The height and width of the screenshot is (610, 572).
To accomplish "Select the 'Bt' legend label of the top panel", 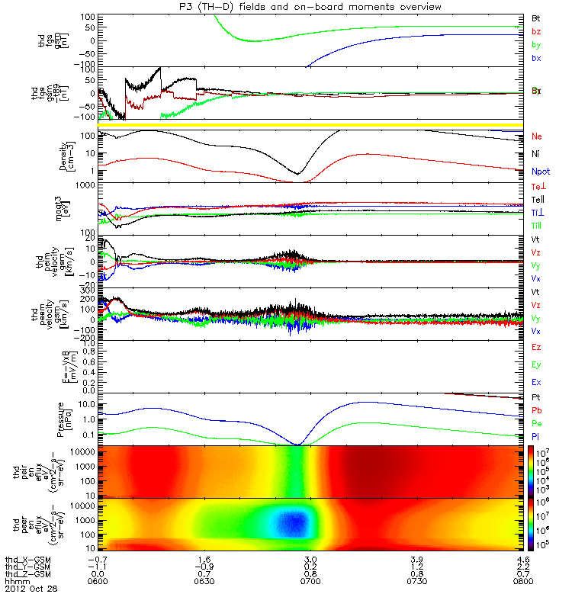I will tap(536, 16).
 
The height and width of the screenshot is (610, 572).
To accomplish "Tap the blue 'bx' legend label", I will tap(536, 58).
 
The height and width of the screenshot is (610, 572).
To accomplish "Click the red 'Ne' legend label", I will tap(537, 136).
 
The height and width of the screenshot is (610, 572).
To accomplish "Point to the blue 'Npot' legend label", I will tap(540, 172).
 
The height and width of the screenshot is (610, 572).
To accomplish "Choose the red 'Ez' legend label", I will tap(536, 348).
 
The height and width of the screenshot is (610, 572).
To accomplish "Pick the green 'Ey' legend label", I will tap(536, 364).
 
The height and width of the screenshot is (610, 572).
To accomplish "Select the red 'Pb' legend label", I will tap(537, 411).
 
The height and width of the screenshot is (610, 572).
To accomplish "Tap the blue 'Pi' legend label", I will tap(536, 436).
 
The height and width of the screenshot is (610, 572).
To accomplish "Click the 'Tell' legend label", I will tap(538, 199).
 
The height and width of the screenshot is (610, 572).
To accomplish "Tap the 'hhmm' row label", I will tap(17, 581).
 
